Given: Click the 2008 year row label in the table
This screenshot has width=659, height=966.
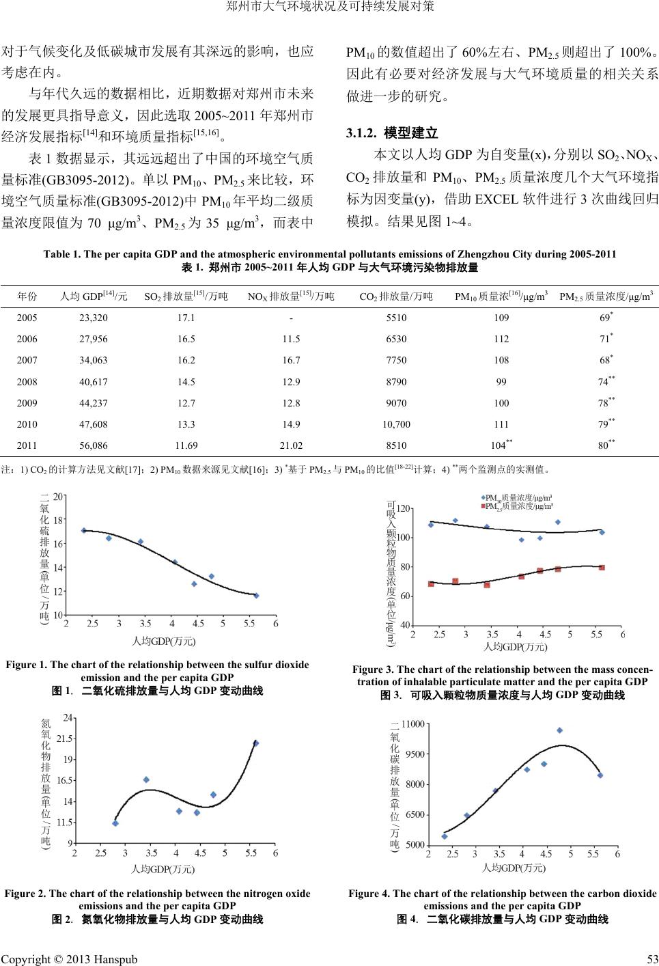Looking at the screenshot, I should (x=27, y=381).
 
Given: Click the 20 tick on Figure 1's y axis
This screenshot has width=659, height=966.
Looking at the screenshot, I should (x=59, y=497).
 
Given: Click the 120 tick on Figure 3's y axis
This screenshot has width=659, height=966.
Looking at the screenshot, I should (x=404, y=509).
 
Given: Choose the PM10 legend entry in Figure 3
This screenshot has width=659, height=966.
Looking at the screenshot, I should (x=518, y=497).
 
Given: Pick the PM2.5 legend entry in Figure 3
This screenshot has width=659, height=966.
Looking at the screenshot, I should (x=518, y=506).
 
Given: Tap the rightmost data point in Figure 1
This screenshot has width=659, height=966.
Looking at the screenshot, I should (x=256, y=596).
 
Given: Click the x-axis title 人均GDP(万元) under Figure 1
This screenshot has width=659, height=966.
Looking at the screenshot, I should (x=163, y=641).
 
